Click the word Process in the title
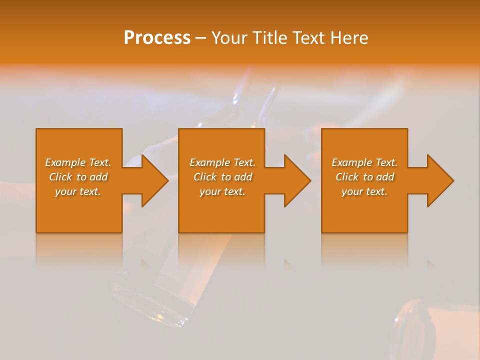point(157,38)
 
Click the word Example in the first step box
point(65,162)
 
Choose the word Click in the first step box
point(60,177)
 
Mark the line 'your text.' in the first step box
point(78,191)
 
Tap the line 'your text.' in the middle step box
point(222,191)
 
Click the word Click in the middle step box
point(205,177)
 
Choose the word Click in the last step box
point(347,177)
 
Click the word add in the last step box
point(385,177)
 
